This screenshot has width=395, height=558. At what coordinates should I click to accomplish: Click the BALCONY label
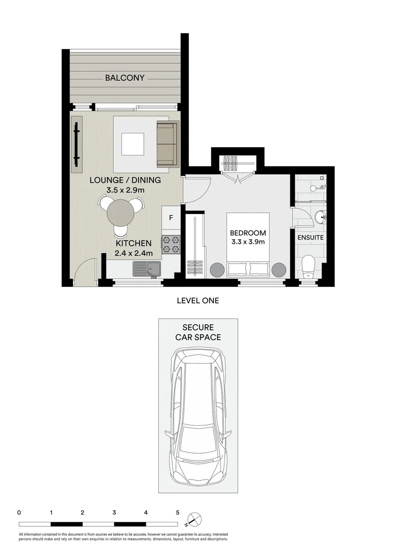click(x=125, y=78)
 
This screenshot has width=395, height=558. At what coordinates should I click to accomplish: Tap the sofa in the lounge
click(x=167, y=145)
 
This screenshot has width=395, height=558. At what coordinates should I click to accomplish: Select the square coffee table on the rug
click(x=133, y=144)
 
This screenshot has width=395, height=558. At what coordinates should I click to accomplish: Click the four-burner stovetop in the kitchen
click(x=171, y=244)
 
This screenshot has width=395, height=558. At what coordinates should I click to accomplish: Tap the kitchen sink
click(x=147, y=268)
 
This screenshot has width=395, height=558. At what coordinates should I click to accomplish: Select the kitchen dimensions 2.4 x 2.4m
click(x=134, y=253)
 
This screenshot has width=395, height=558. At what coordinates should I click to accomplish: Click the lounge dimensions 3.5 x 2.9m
click(x=125, y=190)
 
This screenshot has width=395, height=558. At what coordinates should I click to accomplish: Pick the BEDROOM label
click(x=248, y=233)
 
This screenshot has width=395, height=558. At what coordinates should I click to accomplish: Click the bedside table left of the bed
click(x=216, y=269)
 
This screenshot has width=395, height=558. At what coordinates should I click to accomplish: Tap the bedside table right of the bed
click(x=279, y=269)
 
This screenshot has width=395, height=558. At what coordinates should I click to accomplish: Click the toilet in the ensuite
click(x=309, y=266)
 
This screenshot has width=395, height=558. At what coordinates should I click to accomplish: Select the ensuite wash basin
click(x=319, y=217)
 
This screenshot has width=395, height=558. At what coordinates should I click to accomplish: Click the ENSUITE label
click(x=310, y=238)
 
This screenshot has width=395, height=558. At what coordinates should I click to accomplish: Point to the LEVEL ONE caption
click(x=198, y=301)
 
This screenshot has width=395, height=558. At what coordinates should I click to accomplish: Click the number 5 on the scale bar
click(x=177, y=513)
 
